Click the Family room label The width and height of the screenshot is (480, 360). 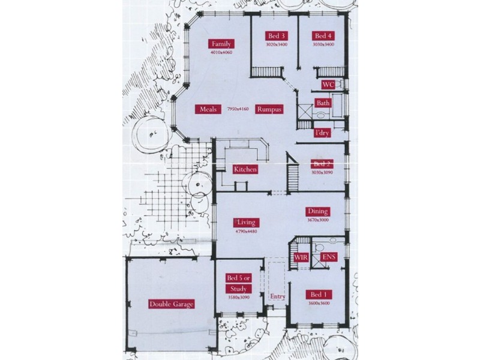221,44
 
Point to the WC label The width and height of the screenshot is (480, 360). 328,85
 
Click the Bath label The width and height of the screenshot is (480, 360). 323,103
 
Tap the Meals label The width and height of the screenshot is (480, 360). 208,109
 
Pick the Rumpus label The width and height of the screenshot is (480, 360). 269,109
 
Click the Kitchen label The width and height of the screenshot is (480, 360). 245,169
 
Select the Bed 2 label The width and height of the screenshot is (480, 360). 322,164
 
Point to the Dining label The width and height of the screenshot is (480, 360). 318,211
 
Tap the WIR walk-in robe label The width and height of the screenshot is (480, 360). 301,257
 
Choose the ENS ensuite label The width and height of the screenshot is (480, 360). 329,257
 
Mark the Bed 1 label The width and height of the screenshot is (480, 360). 317,295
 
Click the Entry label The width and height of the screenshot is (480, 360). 278,296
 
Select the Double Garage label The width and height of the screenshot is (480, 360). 172,304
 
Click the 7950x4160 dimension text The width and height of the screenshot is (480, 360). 238,109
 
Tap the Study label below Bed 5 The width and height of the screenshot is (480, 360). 238,289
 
